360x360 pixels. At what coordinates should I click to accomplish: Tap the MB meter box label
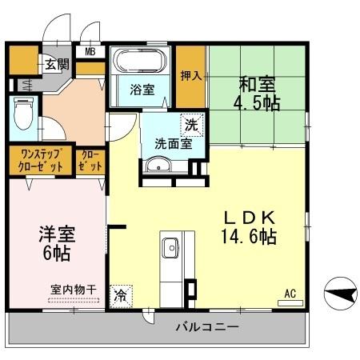90,53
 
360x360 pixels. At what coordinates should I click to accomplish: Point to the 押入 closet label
190,76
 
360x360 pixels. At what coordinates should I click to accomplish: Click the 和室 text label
258,82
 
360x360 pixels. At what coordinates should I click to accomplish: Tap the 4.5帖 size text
258,104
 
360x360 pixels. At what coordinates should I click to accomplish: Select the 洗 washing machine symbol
190,124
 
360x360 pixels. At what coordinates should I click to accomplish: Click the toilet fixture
22,117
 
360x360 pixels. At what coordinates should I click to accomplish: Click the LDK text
249,217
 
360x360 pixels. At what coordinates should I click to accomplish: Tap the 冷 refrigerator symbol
122,294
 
